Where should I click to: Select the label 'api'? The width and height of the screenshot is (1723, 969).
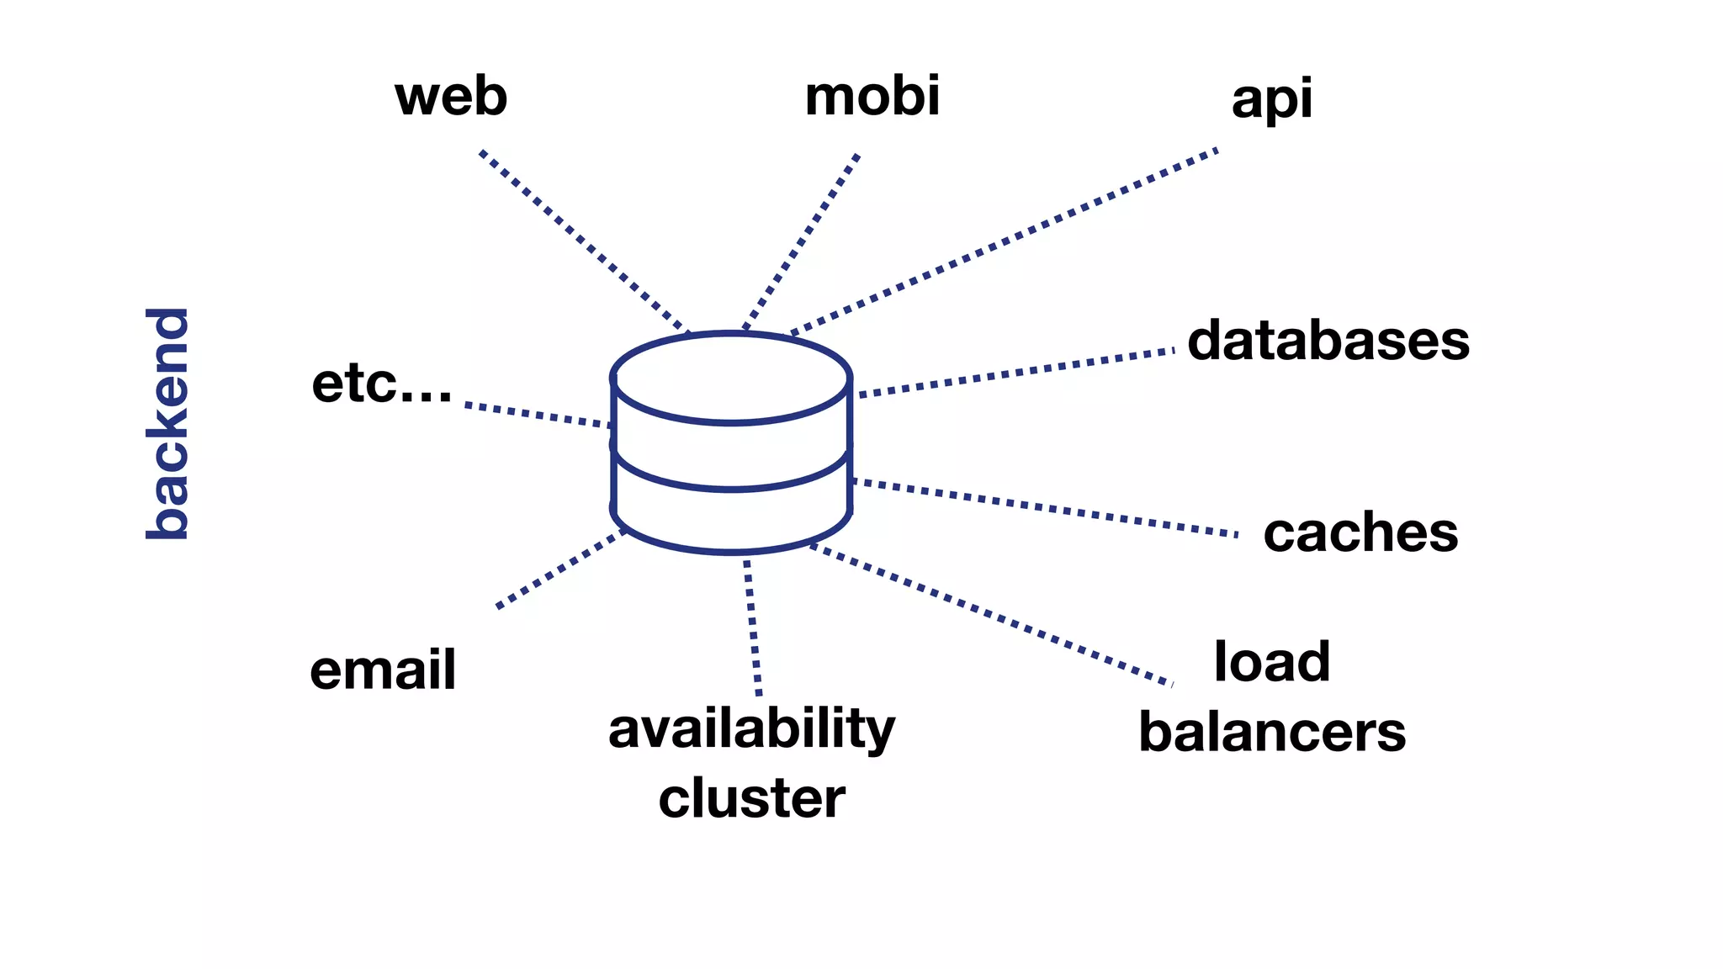click(1271, 99)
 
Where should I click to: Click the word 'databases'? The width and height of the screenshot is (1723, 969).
click(1328, 341)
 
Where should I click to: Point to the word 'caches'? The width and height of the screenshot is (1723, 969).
click(1360, 532)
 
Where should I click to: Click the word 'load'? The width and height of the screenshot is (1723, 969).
click(1271, 662)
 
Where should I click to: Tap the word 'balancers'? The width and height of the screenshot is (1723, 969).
click(1271, 732)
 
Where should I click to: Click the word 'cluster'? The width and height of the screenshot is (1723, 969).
click(751, 797)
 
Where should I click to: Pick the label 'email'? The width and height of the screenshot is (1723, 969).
click(383, 670)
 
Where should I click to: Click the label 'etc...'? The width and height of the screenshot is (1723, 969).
click(382, 384)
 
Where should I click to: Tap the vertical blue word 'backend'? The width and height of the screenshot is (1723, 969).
click(167, 423)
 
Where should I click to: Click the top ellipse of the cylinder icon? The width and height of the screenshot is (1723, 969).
click(730, 378)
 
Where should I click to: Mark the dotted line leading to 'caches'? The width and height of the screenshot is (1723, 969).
click(1043, 507)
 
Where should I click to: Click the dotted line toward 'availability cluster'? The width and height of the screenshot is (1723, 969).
click(753, 627)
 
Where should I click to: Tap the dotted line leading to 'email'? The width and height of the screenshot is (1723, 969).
click(559, 569)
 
